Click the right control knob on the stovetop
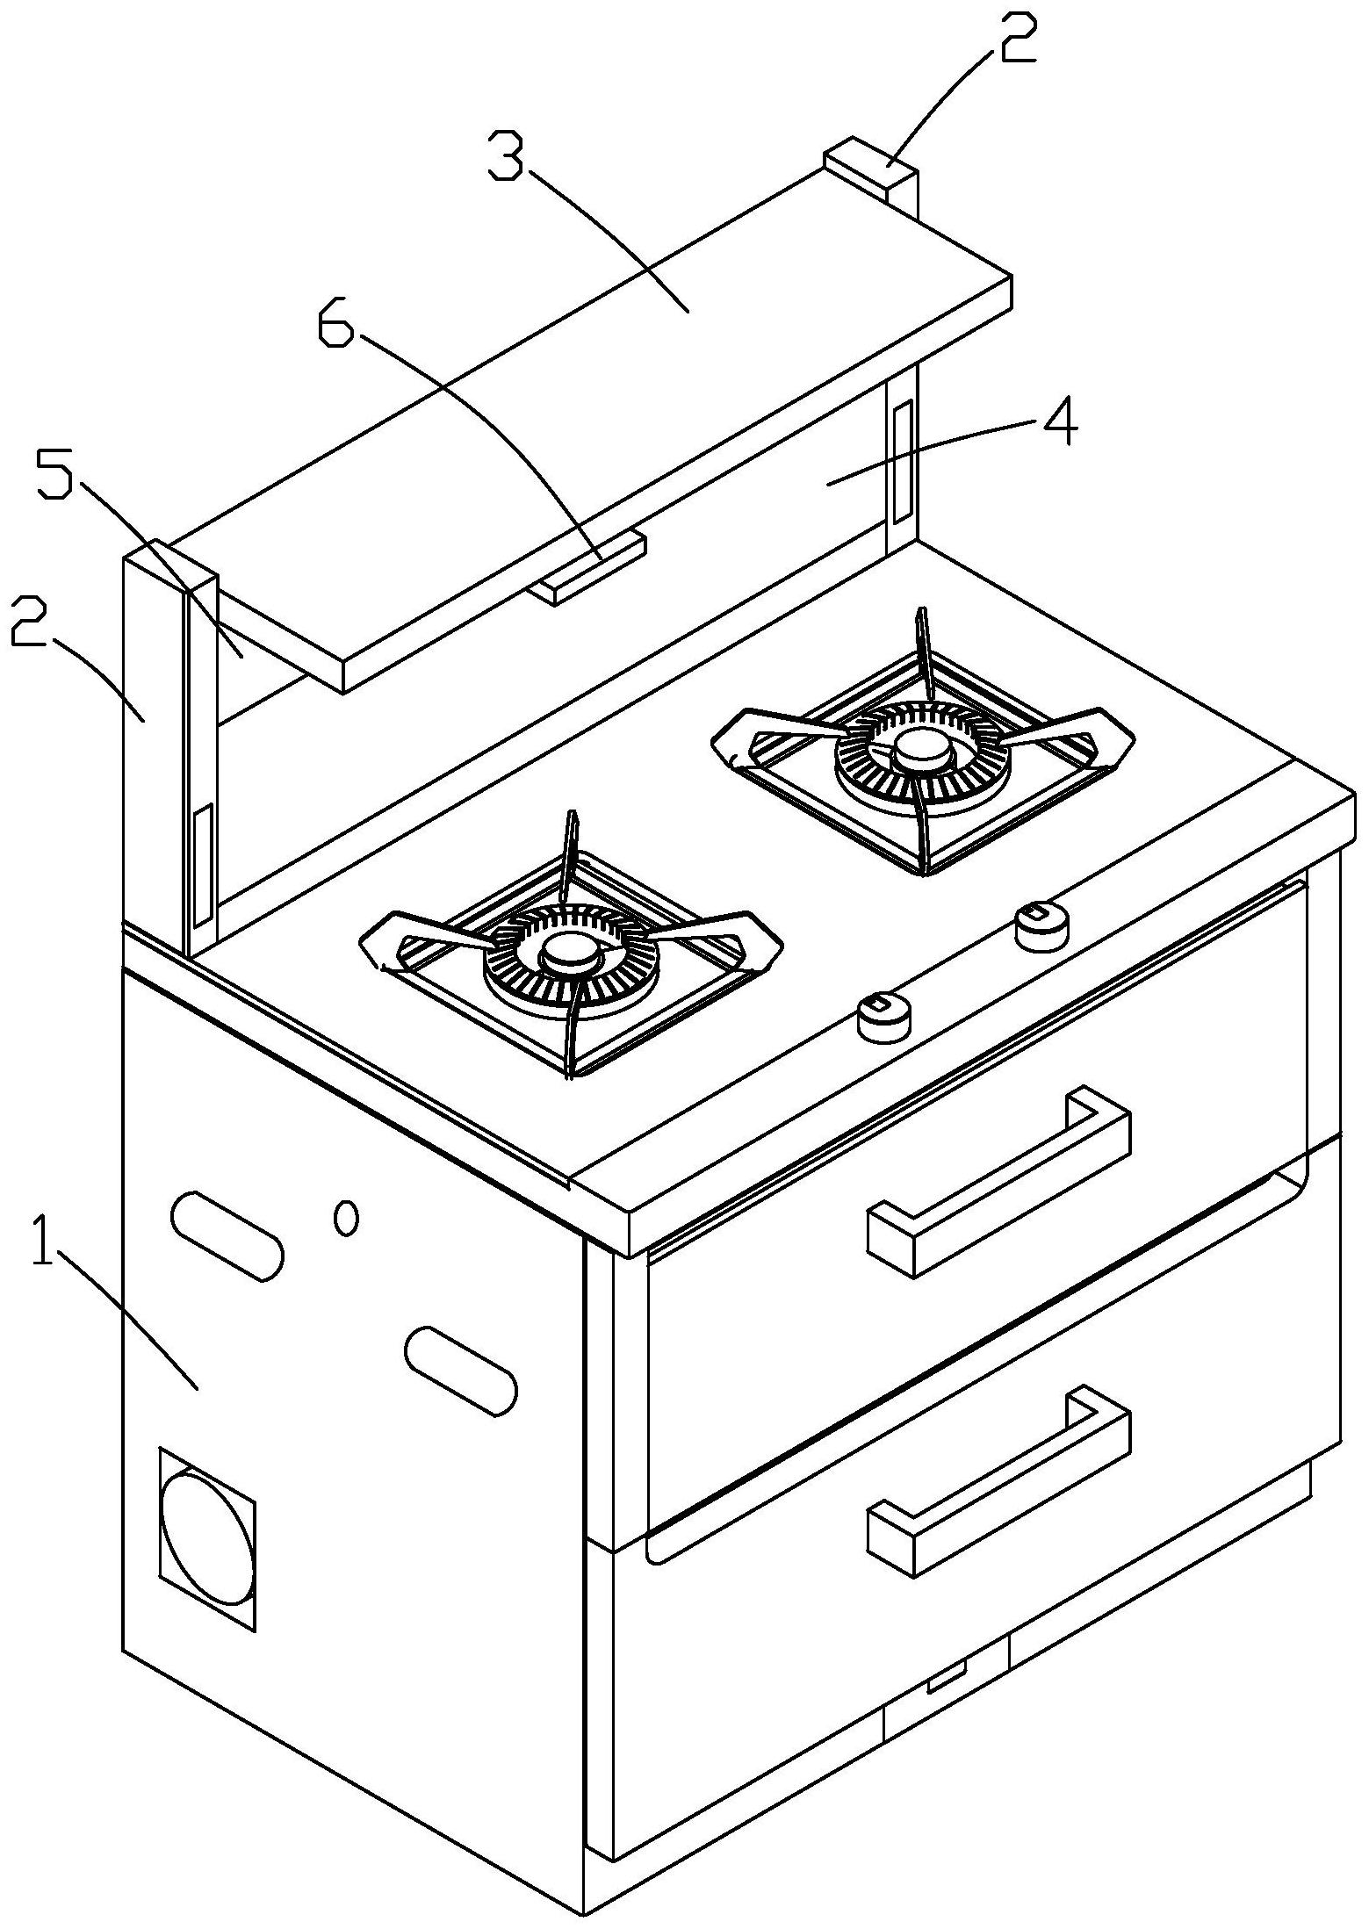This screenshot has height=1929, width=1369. pyautogui.click(x=1042, y=925)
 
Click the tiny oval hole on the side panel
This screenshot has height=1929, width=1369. pyautogui.click(x=348, y=1219)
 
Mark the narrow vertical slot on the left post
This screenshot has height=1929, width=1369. pyautogui.click(x=203, y=865)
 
